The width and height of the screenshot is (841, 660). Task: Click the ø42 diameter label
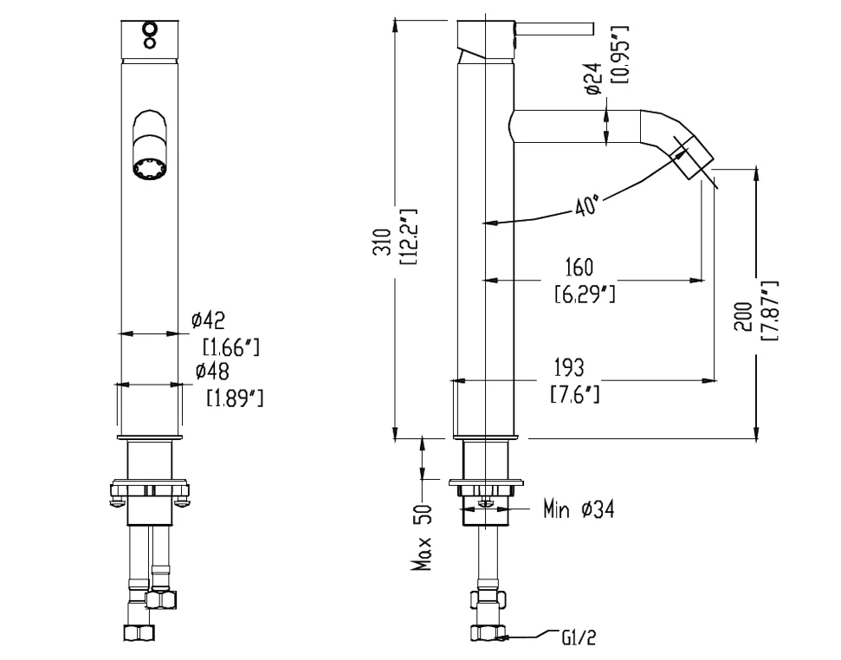pyautogui.click(x=209, y=320)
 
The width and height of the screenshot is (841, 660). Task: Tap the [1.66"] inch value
pyautogui.click(x=231, y=347)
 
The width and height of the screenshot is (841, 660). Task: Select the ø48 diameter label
pyautogui.click(x=212, y=371)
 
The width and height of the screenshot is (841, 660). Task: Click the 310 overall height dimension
pyautogui.click(x=383, y=242)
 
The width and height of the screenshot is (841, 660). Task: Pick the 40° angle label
pyautogui.click(x=586, y=205)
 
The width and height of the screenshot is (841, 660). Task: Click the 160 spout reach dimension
pyautogui.click(x=579, y=267)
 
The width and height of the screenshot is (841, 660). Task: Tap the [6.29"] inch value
pyautogui.click(x=585, y=294)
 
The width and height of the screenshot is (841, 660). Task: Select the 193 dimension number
pyautogui.click(x=569, y=368)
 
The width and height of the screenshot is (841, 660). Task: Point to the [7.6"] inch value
pyautogui.click(x=575, y=395)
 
